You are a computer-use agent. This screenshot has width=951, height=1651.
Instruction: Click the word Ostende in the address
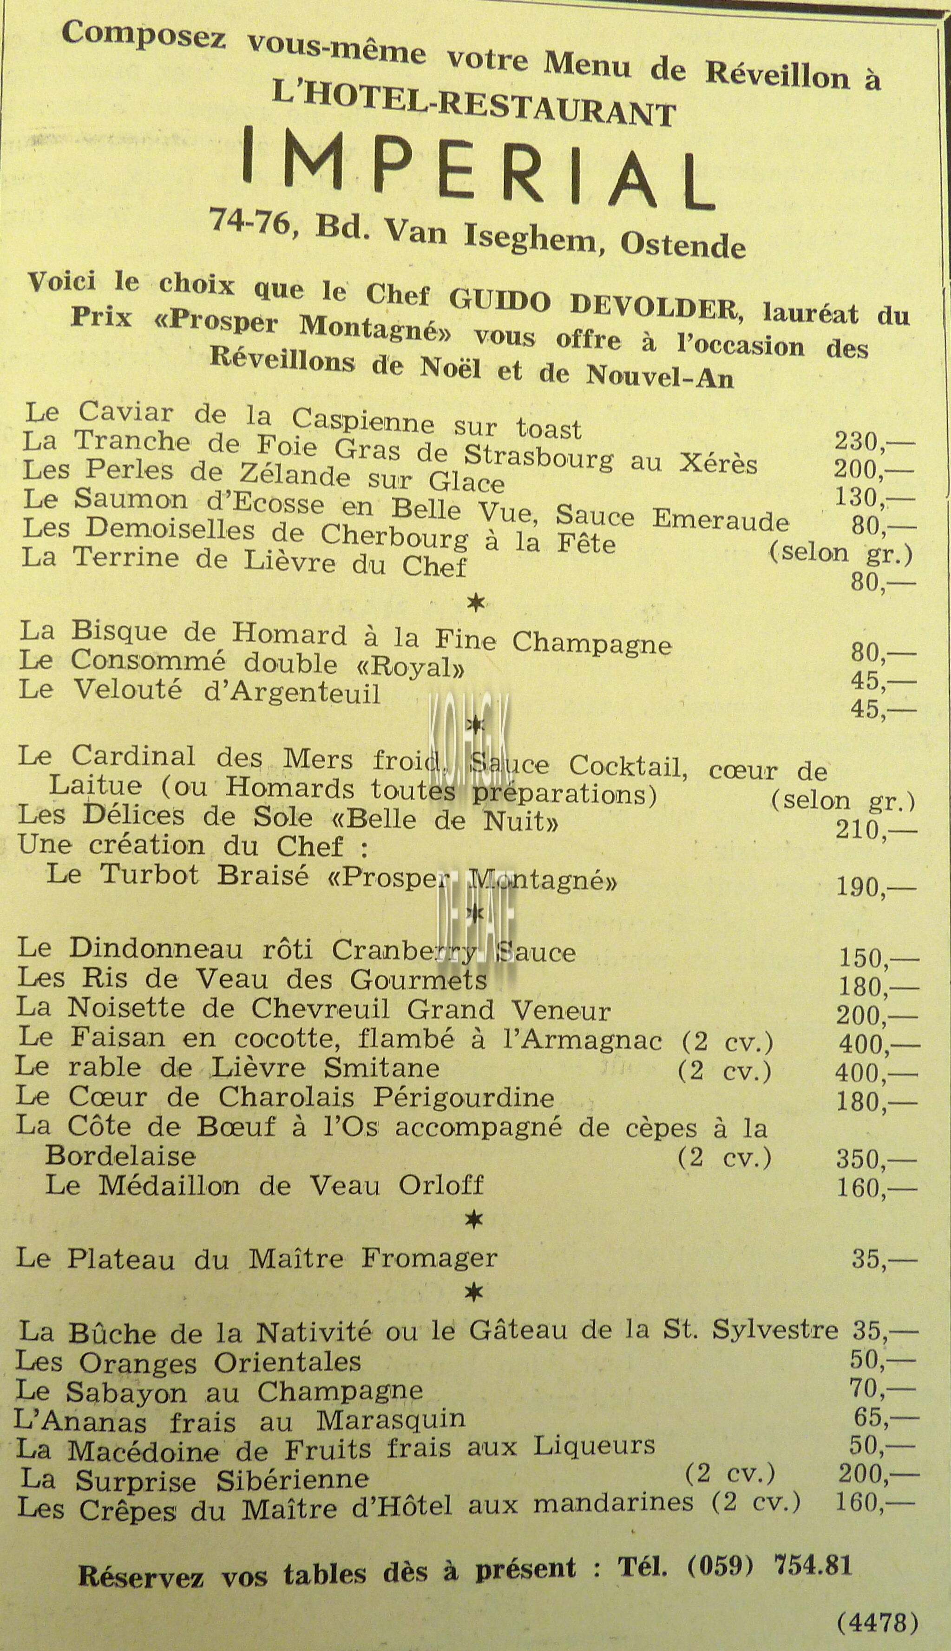point(682,244)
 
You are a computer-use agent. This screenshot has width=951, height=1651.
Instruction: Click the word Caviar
point(126,413)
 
